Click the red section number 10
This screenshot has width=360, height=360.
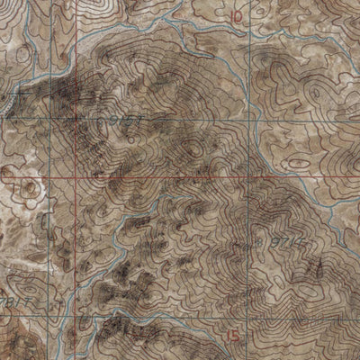tap(237, 16)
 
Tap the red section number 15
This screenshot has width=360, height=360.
tap(236, 336)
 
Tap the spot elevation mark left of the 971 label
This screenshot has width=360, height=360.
tap(251, 240)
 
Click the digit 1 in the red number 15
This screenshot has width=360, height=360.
tap(231, 336)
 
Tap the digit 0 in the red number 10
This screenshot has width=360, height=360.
tap(240, 16)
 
